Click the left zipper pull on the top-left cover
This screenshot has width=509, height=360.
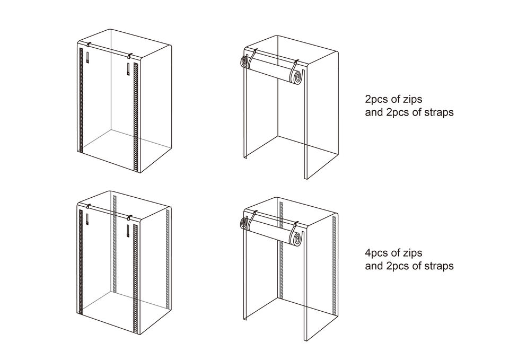(87, 57)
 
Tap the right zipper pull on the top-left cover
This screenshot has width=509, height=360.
(129, 69)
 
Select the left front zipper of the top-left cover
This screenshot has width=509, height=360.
(81, 100)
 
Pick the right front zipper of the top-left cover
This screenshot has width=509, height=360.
(136, 118)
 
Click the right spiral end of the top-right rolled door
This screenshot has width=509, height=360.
(297, 77)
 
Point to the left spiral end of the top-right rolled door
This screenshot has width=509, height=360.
(243, 62)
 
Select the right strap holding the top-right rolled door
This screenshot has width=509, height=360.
(295, 68)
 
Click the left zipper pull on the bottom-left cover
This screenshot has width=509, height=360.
(87, 219)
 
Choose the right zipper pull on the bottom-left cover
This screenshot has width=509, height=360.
(129, 231)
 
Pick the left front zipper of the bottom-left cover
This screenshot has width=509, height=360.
(81, 261)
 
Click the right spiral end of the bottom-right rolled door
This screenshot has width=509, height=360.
(297, 239)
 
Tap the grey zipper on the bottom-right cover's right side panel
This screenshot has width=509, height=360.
(334, 265)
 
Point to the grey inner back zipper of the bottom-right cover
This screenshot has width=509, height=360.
(281, 249)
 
